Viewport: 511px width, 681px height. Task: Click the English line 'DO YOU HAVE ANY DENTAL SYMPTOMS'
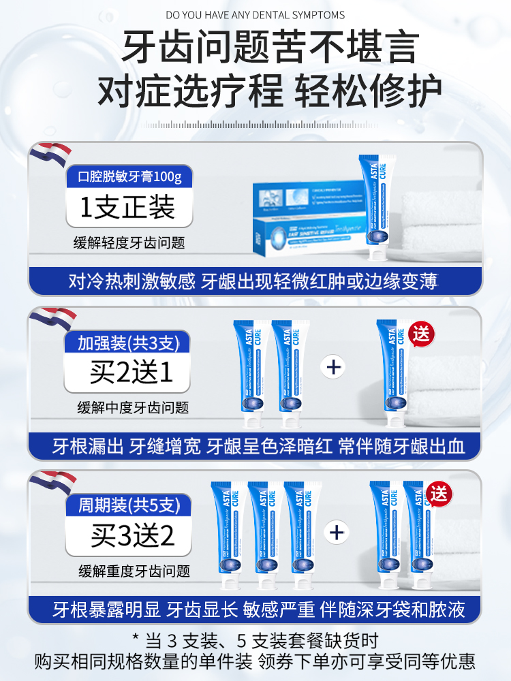coord(255,15)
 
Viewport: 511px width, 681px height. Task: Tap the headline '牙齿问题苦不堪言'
coord(255,48)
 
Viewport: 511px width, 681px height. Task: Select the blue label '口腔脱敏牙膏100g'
coord(129,177)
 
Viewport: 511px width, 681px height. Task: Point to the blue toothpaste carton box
coord(307,218)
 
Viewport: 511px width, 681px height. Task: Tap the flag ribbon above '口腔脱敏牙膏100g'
coord(51,155)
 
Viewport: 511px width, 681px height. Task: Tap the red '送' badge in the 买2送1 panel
coord(422,334)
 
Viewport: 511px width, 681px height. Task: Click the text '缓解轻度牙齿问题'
coord(129,243)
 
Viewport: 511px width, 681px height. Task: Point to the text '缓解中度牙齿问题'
coord(133,408)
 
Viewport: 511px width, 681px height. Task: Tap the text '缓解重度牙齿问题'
coord(134,571)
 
